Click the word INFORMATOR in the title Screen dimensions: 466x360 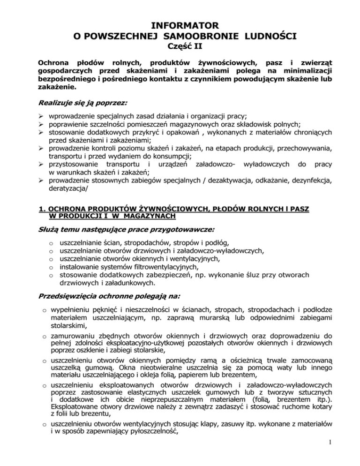point(180,23)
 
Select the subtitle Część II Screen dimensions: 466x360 point(180,46)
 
